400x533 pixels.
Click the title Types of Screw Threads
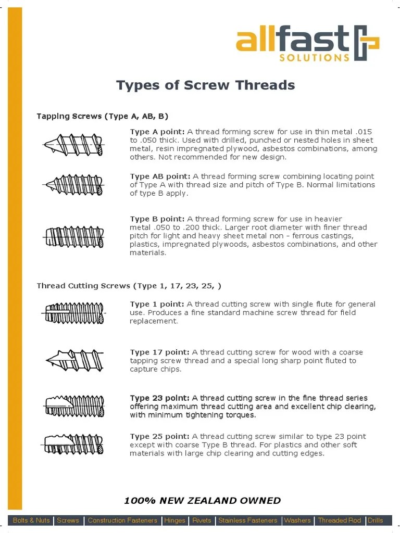(205, 85)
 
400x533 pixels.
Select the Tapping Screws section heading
(102, 116)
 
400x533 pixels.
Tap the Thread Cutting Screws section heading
(129, 286)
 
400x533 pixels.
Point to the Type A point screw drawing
(73, 144)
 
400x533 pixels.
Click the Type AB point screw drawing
(73, 184)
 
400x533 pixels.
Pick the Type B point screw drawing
(74, 237)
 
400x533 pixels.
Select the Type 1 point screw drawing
(73, 313)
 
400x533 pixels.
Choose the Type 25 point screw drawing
(73, 444)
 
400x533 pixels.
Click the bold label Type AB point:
(160, 176)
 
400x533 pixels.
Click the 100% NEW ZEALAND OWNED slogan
(202, 501)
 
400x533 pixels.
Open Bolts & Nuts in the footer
(31, 521)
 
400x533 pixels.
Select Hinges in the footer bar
(174, 521)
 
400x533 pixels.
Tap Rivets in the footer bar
(202, 521)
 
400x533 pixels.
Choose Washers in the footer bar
(297, 521)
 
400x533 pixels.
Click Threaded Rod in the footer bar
(339, 521)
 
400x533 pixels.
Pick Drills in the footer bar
(376, 521)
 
